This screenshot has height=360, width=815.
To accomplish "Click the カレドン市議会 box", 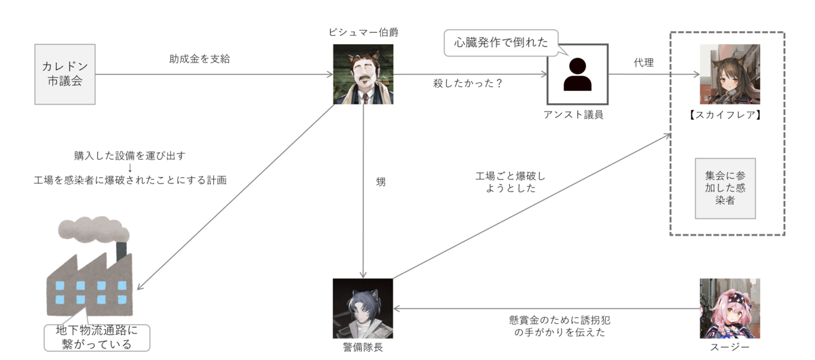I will pyautogui.click(x=65, y=74).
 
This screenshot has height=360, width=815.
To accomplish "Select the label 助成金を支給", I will pyautogui.click(x=200, y=59).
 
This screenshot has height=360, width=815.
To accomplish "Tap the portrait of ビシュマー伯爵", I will pyautogui.click(x=363, y=74).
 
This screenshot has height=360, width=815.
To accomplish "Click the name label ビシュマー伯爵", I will pyautogui.click(x=363, y=33).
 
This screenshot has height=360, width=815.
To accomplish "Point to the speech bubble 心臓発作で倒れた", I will pyautogui.click(x=501, y=42).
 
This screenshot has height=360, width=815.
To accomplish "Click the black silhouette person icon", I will pyautogui.click(x=577, y=74).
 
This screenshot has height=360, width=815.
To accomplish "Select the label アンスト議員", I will pyautogui.click(x=574, y=114).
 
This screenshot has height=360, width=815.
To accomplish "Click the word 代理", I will pyautogui.click(x=643, y=62).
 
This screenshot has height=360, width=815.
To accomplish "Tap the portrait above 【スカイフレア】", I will pyautogui.click(x=729, y=74).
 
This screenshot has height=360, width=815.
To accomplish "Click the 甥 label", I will pyautogui.click(x=380, y=182).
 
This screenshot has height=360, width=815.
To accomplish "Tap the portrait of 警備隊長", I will pyautogui.click(x=363, y=308).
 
